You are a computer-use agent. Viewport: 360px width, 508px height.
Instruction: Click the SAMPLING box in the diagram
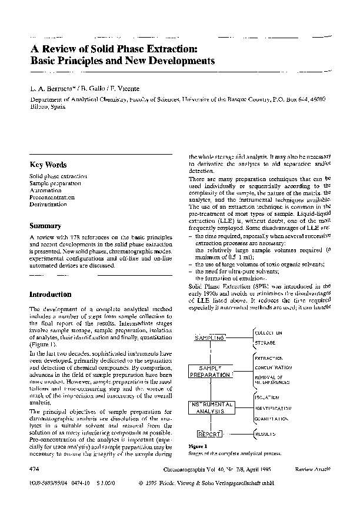(x=210, y=339)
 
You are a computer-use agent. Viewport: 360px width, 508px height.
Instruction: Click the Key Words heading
(x=48, y=165)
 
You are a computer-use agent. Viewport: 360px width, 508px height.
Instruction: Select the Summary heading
(x=45, y=226)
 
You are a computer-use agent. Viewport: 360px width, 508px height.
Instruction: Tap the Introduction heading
(x=50, y=294)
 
